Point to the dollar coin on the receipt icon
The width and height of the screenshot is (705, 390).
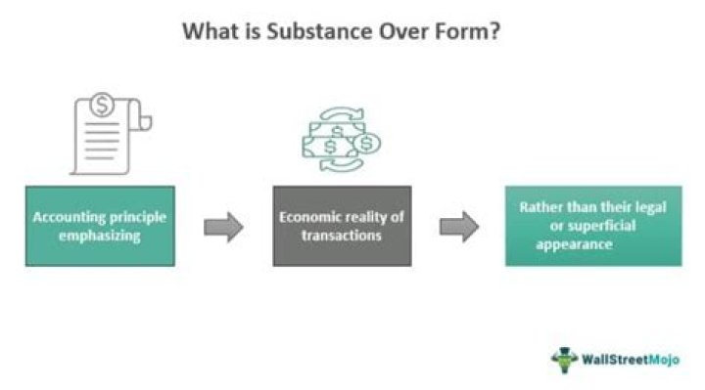[x=103, y=105]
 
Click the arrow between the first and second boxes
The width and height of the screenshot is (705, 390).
[x=223, y=227]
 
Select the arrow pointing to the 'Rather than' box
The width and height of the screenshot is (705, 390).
[x=458, y=227]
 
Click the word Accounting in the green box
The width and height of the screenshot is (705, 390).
[x=71, y=216]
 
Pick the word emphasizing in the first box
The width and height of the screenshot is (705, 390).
[x=100, y=235]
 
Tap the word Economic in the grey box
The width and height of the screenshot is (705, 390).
[x=309, y=216]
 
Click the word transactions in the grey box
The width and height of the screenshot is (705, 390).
[x=338, y=235]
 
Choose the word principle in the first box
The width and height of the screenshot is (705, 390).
[x=139, y=216]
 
